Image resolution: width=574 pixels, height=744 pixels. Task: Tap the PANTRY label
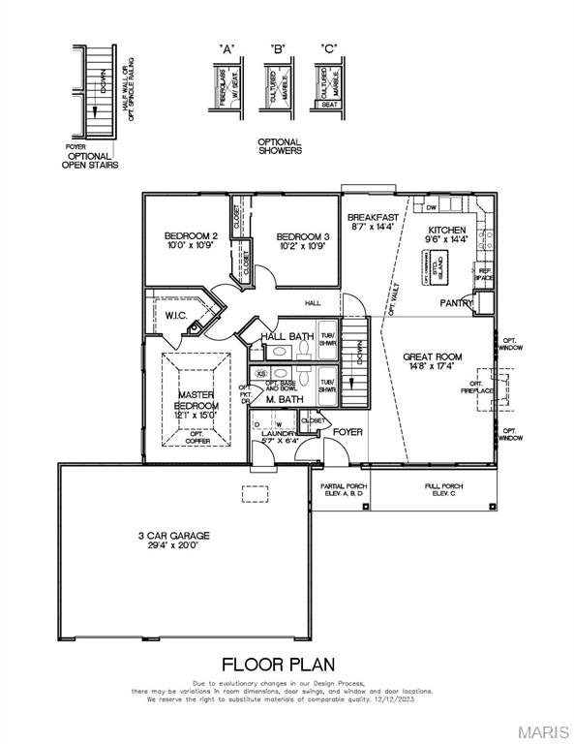click(x=457, y=303)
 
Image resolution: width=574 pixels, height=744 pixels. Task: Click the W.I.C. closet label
click(x=175, y=315)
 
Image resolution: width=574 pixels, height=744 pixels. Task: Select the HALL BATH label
click(x=287, y=336)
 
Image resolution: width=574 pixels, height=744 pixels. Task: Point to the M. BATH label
click(x=286, y=399)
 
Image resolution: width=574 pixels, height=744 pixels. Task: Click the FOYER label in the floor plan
click(x=347, y=431)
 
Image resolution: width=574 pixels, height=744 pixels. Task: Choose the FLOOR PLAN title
click(x=279, y=665)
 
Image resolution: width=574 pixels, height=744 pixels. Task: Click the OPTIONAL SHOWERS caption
click(x=279, y=146)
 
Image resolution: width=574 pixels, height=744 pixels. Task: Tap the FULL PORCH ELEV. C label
click(x=443, y=489)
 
